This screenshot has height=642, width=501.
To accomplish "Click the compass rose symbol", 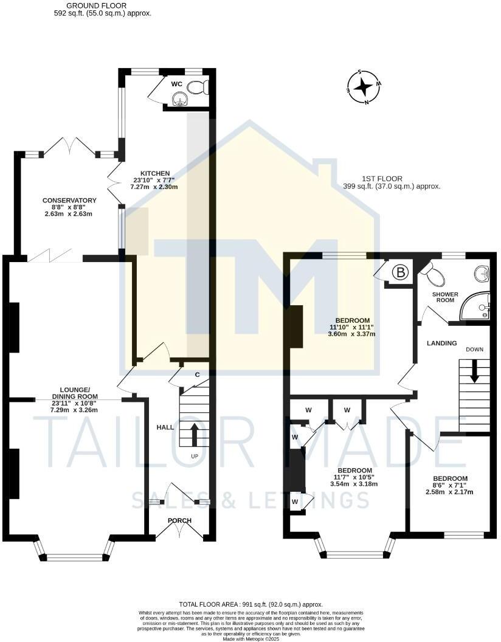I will pos(364,87).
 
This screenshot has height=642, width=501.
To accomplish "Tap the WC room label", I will pos(177,84).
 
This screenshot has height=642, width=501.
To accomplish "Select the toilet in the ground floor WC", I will pos(198,88).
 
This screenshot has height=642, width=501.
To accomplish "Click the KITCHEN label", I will pos(155,173).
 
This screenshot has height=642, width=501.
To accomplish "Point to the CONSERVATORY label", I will pos(69,201).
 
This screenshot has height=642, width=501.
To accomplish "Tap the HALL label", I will pos(165,427).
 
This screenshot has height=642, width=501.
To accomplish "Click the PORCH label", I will pos(180,520).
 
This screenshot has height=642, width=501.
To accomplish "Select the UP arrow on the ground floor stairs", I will pos(195,434).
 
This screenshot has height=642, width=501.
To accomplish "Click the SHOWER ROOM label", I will pos(444,297).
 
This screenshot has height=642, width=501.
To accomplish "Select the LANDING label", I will pos(441,343).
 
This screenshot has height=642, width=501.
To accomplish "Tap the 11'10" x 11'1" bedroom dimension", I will pos(353,327).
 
